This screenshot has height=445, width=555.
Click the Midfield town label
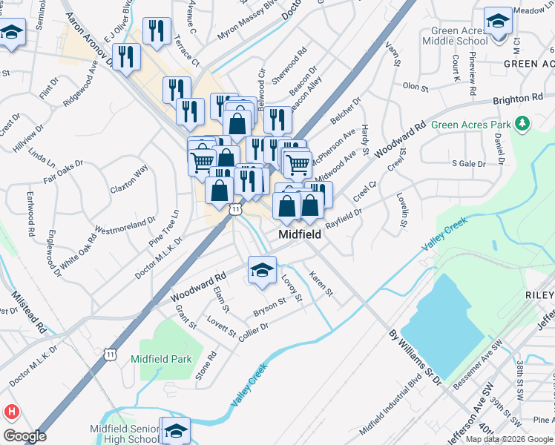[x=300, y=234]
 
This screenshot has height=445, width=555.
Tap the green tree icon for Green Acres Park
[x=524, y=122]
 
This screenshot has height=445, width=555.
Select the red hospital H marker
[x=11, y=411]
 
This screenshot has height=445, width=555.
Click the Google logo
[x=24, y=436]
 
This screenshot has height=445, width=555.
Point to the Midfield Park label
[x=161, y=359]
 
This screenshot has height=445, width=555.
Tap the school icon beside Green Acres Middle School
[x=497, y=21]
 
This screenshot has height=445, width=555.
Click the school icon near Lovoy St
[x=262, y=271]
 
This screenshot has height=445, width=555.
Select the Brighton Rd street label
[x=516, y=99]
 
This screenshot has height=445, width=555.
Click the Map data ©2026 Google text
[x=509, y=438]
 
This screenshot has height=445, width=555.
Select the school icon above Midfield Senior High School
[x=176, y=430]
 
